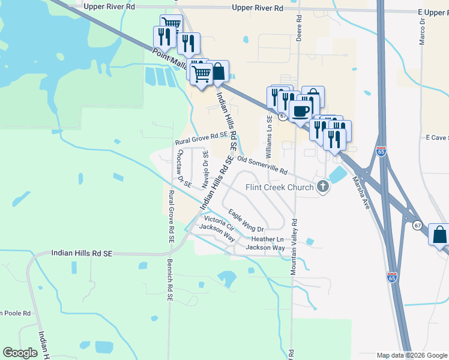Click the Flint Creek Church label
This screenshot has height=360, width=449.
click(280, 187)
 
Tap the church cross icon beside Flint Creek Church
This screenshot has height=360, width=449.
click(323, 187)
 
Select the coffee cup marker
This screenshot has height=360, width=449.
click(300, 110)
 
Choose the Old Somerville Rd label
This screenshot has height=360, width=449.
click(262, 166)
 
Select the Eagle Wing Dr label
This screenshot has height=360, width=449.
click(246, 221)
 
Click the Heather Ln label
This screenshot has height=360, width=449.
click(267, 239)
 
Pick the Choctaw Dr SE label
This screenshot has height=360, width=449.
click(183, 167)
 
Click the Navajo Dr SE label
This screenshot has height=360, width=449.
click(205, 170)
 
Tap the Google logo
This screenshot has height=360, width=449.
click(20, 353)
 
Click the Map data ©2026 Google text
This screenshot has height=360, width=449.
click(412, 355)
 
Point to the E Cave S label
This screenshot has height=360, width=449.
click(437, 137)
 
